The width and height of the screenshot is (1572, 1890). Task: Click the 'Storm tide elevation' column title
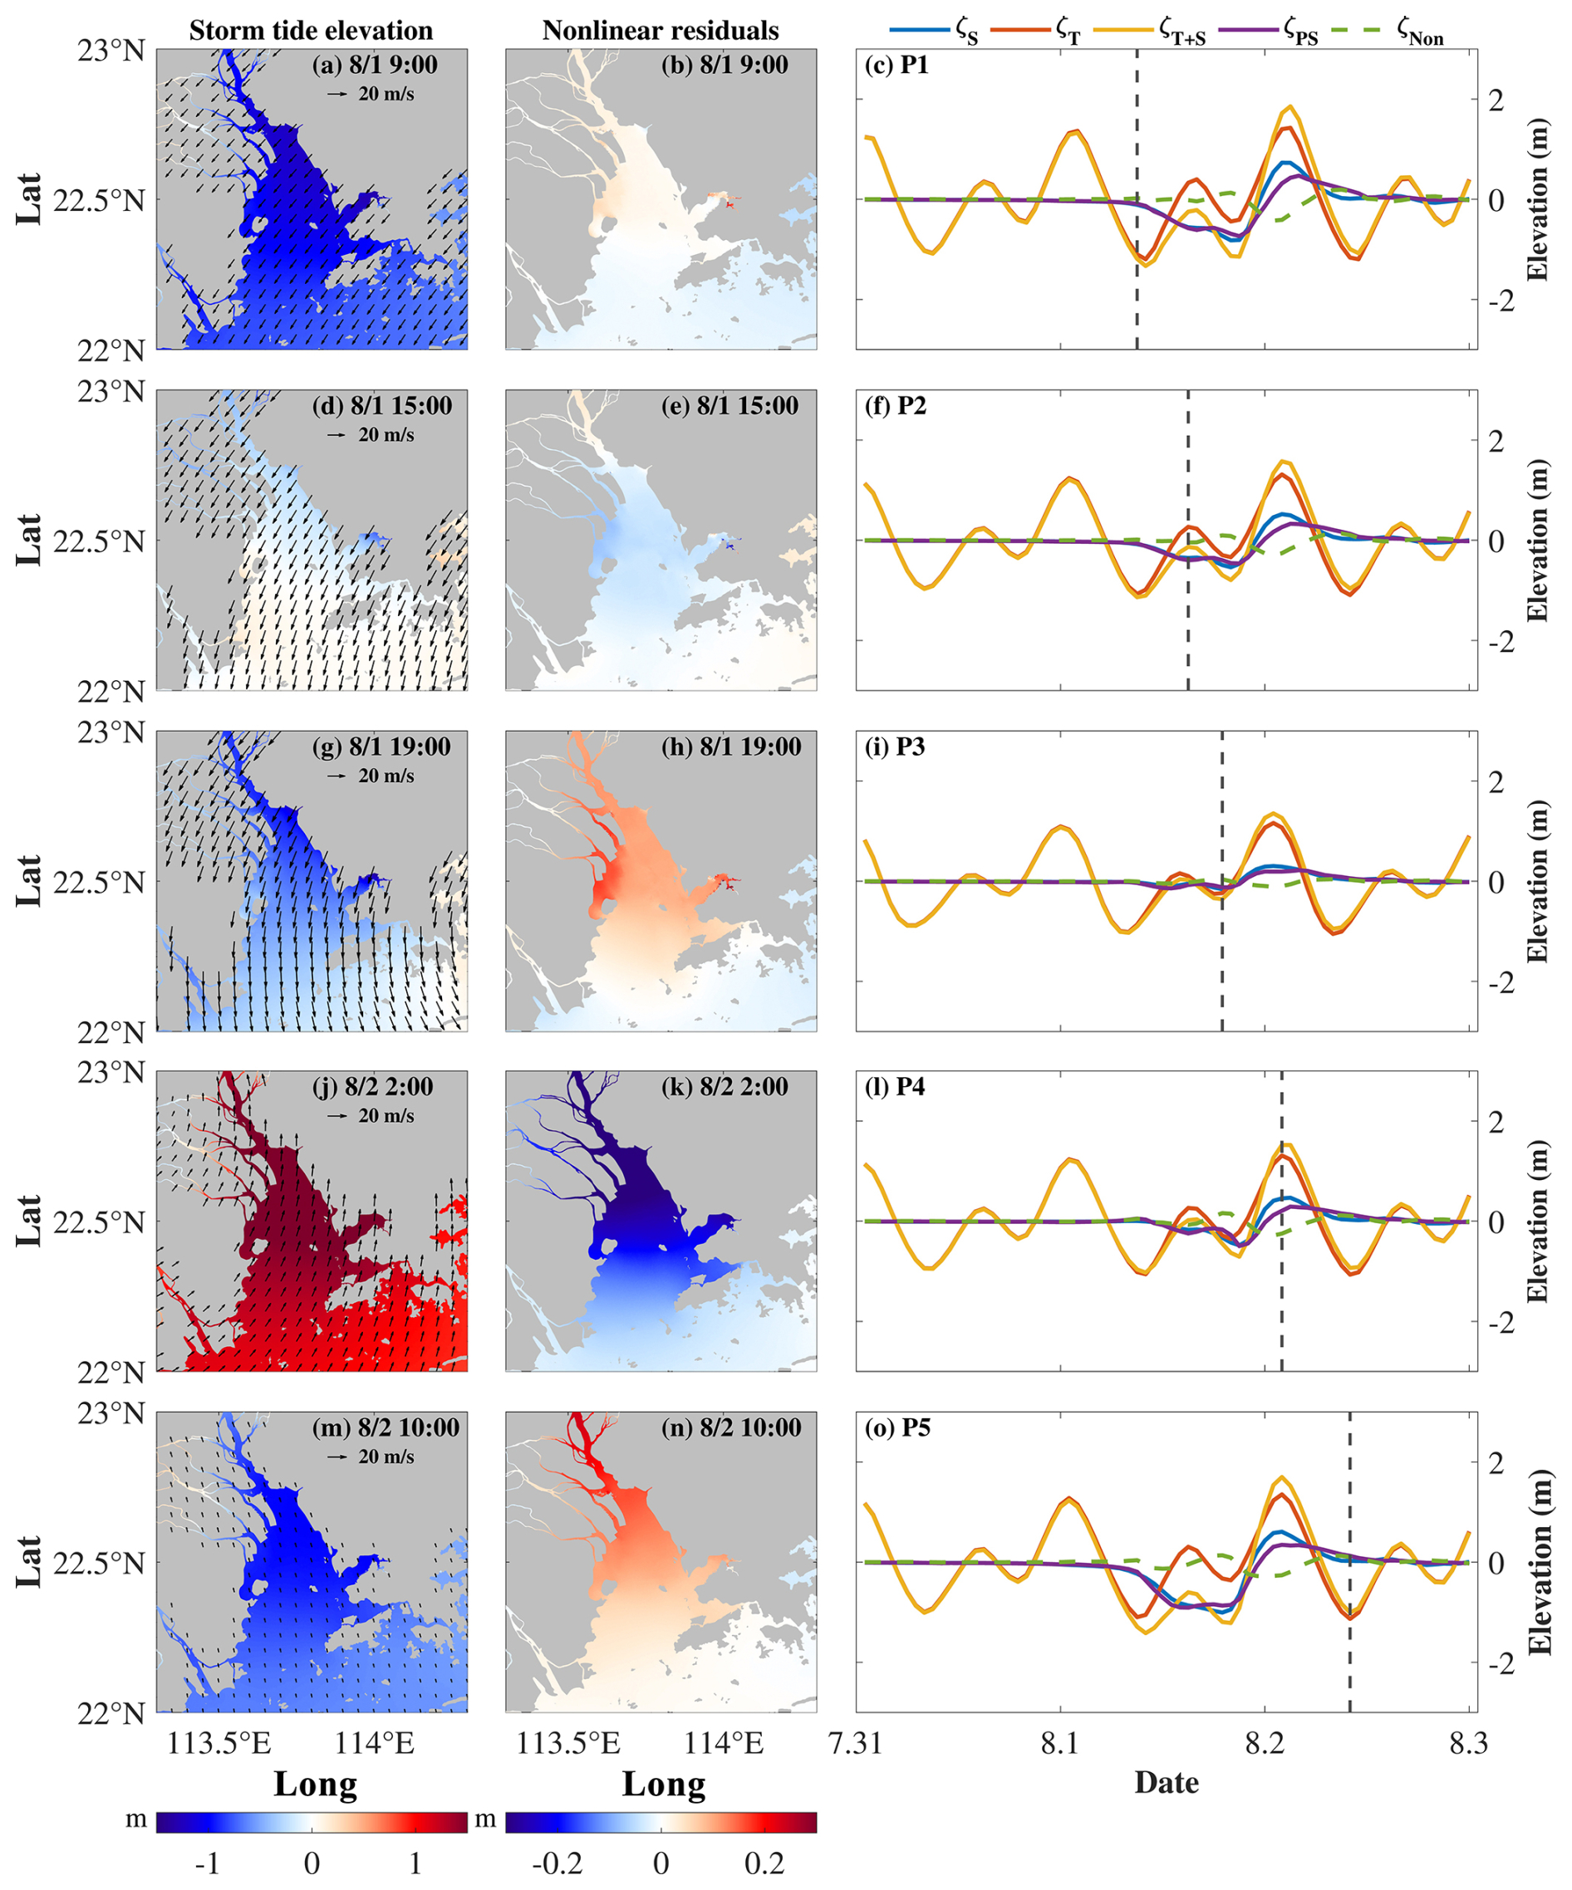[x=311, y=31]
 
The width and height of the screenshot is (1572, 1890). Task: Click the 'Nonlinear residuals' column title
[x=660, y=31]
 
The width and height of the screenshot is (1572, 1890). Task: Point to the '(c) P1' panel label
[x=896, y=65]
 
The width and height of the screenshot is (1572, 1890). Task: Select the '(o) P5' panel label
[x=897, y=1428]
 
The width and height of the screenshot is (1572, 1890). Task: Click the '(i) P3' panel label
[x=896, y=747]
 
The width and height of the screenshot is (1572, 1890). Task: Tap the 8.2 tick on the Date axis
[x=1264, y=1743]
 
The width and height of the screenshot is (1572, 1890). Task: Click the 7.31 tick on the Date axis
[x=855, y=1743]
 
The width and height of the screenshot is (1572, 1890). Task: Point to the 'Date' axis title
[x=1166, y=1783]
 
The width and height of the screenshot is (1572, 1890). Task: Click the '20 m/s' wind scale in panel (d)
[x=386, y=434]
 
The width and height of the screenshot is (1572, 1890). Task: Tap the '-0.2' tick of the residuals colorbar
[x=558, y=1863]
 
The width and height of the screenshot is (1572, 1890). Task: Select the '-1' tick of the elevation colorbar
[x=208, y=1863]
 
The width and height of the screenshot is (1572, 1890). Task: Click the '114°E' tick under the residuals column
[x=724, y=1743]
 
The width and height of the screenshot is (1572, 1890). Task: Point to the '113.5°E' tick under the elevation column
[x=219, y=1743]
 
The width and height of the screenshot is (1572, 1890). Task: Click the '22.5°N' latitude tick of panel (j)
[x=98, y=1222]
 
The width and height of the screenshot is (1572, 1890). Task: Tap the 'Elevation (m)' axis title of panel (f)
[x=1538, y=540]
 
